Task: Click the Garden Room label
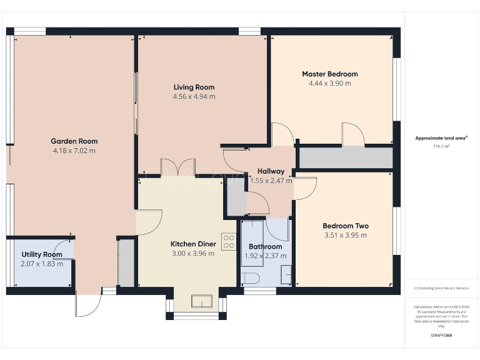point(74,141)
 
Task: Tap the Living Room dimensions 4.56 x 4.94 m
point(194,97)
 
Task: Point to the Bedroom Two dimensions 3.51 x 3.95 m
point(345,236)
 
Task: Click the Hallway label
point(271,171)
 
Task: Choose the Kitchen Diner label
point(193,244)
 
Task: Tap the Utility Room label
point(42,254)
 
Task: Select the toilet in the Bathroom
point(250,277)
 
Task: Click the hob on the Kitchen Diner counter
point(228,242)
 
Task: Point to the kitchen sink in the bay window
point(201,301)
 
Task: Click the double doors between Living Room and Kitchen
point(178,168)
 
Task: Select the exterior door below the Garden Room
point(87,304)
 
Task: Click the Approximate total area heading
point(441,138)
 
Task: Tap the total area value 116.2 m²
point(441,146)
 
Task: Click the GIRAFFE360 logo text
point(441,336)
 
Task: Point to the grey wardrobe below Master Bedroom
point(346,157)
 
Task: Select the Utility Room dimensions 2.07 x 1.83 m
point(42,264)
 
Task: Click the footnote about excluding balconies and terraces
point(441,288)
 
